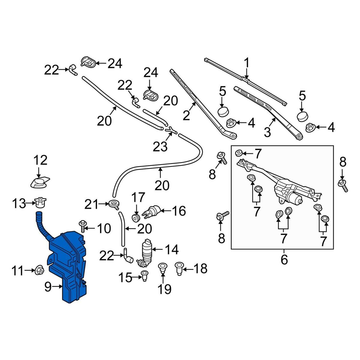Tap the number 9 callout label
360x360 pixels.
pyautogui.click(x=48, y=287)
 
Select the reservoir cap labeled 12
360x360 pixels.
pyautogui.click(x=39, y=182)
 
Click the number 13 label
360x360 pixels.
pyautogui.click(x=19, y=204)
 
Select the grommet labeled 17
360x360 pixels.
pyautogui.click(x=136, y=217)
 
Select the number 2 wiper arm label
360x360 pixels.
pyautogui.click(x=186, y=115)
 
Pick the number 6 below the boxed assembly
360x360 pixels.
pyautogui.click(x=284, y=259)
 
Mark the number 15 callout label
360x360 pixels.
pyautogui.click(x=125, y=278)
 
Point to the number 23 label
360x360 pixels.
pyautogui.click(x=160, y=147)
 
